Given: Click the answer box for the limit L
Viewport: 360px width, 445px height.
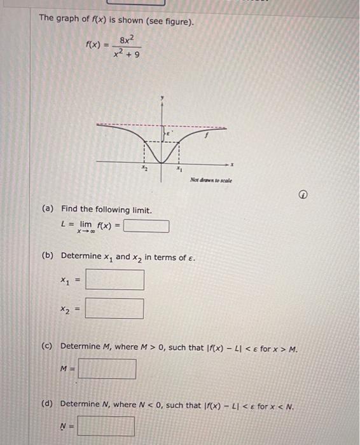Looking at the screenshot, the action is click(x=146, y=226).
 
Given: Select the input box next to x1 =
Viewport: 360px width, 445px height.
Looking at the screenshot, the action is click(x=114, y=280).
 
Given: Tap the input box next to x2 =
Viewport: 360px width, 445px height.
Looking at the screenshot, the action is click(x=114, y=308).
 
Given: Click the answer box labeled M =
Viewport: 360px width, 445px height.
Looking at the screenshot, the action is click(x=107, y=369).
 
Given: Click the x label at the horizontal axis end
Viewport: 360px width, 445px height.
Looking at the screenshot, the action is click(x=233, y=165).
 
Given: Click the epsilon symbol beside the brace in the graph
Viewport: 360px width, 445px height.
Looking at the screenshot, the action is click(x=171, y=133).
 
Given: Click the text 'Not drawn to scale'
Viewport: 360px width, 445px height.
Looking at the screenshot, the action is click(x=211, y=181).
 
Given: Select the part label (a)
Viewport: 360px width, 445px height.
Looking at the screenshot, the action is click(x=48, y=209).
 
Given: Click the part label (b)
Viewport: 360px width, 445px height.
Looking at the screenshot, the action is click(x=47, y=256).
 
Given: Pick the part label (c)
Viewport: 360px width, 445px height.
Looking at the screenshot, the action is click(x=47, y=346).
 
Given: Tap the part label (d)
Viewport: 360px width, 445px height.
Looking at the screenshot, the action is click(x=47, y=404).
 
